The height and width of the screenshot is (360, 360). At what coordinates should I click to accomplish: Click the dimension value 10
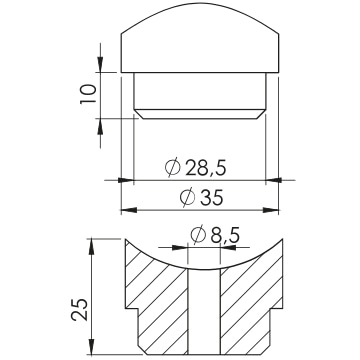(88, 94)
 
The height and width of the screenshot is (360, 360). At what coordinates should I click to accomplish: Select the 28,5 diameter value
(206, 168)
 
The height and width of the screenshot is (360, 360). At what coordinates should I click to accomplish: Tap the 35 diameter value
(211, 198)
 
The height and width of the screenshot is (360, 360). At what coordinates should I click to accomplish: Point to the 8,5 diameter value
(225, 236)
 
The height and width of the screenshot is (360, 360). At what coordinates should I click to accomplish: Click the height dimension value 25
(80, 310)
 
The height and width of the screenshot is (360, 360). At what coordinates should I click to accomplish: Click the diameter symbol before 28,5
(173, 168)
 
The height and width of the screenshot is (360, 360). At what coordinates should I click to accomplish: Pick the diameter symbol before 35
(187, 198)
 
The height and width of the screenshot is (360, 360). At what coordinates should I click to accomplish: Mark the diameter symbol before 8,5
(198, 236)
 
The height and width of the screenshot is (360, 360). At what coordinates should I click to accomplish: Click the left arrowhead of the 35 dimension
(129, 210)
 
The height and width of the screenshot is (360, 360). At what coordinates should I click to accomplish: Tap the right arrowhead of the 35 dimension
(271, 210)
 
